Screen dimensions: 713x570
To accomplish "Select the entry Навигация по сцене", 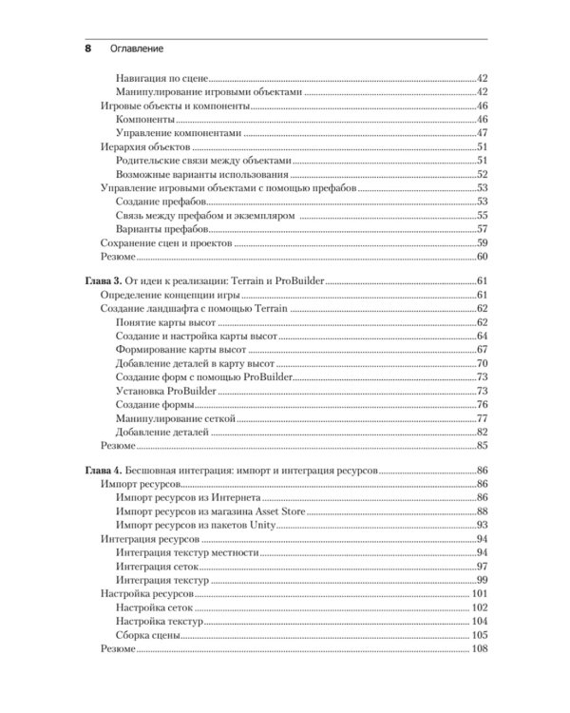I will click(161, 77).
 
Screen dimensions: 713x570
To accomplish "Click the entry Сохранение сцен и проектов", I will click(166, 242).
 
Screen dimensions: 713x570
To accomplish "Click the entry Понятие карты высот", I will click(164, 323).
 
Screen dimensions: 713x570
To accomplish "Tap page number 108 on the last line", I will click(479, 648).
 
